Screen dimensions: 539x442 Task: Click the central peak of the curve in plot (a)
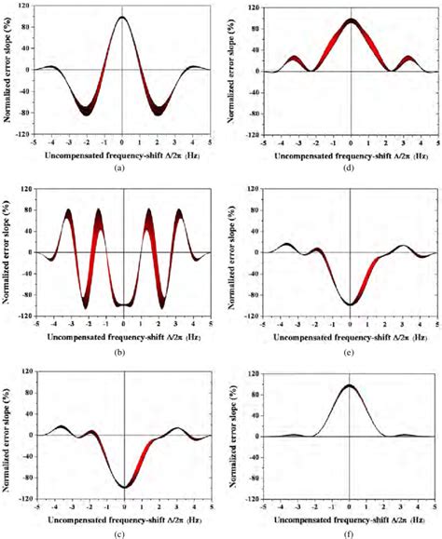[123, 17]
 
